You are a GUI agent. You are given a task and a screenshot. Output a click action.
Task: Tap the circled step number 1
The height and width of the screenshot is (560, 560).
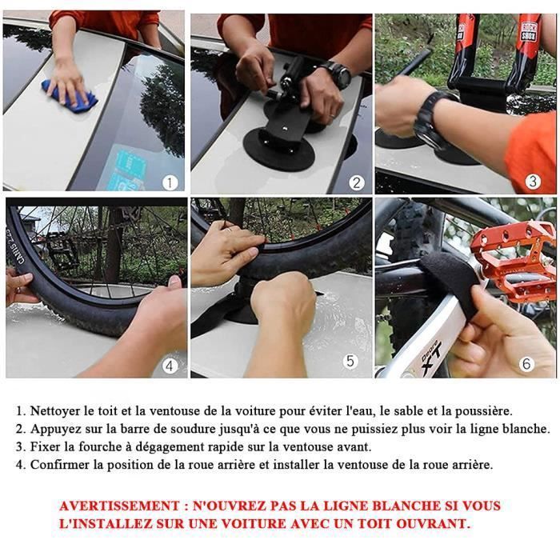[x=169, y=182]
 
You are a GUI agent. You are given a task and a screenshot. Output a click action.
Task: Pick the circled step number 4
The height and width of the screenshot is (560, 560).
[x=169, y=366]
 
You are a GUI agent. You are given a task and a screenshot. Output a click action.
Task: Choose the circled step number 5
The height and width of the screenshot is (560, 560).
[x=350, y=361]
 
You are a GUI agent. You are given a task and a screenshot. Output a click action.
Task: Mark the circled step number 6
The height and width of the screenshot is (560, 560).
[x=526, y=364]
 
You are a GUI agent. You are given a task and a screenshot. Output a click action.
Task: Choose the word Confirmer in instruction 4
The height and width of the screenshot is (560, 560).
[x=62, y=464]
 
